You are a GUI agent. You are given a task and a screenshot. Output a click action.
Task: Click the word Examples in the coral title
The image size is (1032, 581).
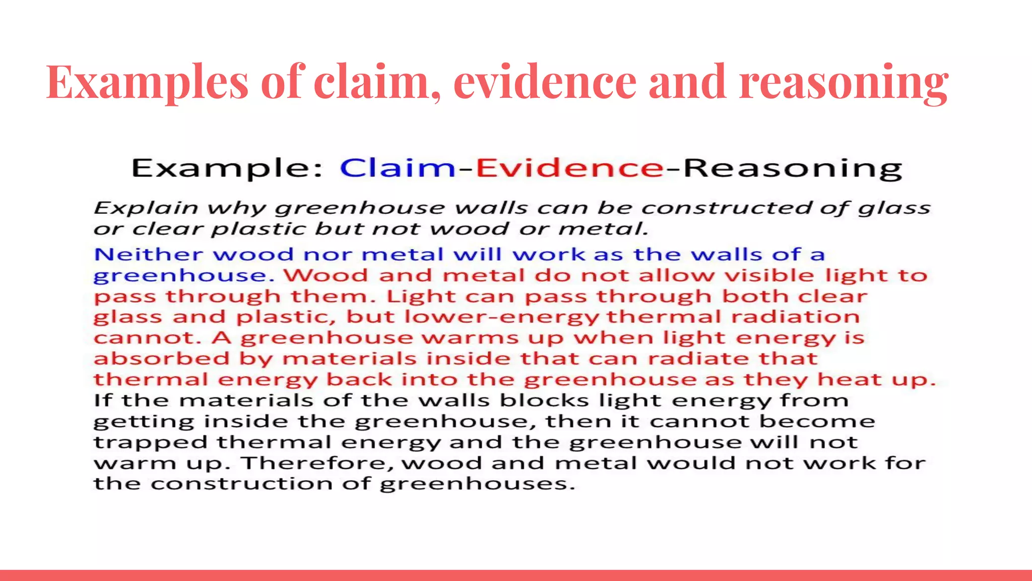147,82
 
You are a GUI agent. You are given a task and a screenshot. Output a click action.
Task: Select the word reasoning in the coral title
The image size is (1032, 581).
844,82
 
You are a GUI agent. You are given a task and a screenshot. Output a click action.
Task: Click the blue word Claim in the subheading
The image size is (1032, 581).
398,168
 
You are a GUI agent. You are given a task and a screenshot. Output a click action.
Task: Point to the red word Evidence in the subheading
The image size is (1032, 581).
570,168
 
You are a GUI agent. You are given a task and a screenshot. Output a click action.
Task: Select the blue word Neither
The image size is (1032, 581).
148,254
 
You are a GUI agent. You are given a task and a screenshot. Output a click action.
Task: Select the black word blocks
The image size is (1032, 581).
544,400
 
